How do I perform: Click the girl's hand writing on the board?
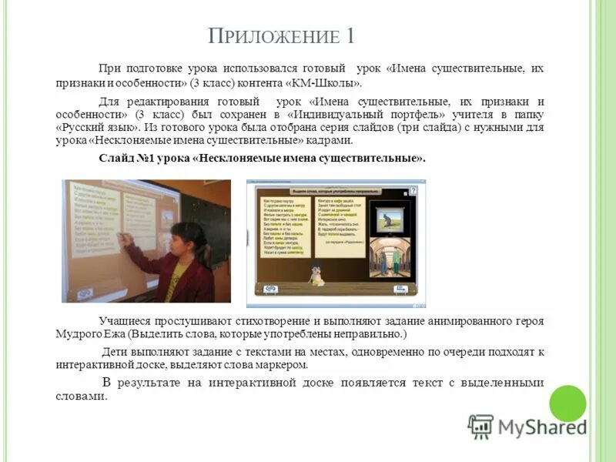127,240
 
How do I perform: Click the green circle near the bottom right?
567,403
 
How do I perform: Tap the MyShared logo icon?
480,427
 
